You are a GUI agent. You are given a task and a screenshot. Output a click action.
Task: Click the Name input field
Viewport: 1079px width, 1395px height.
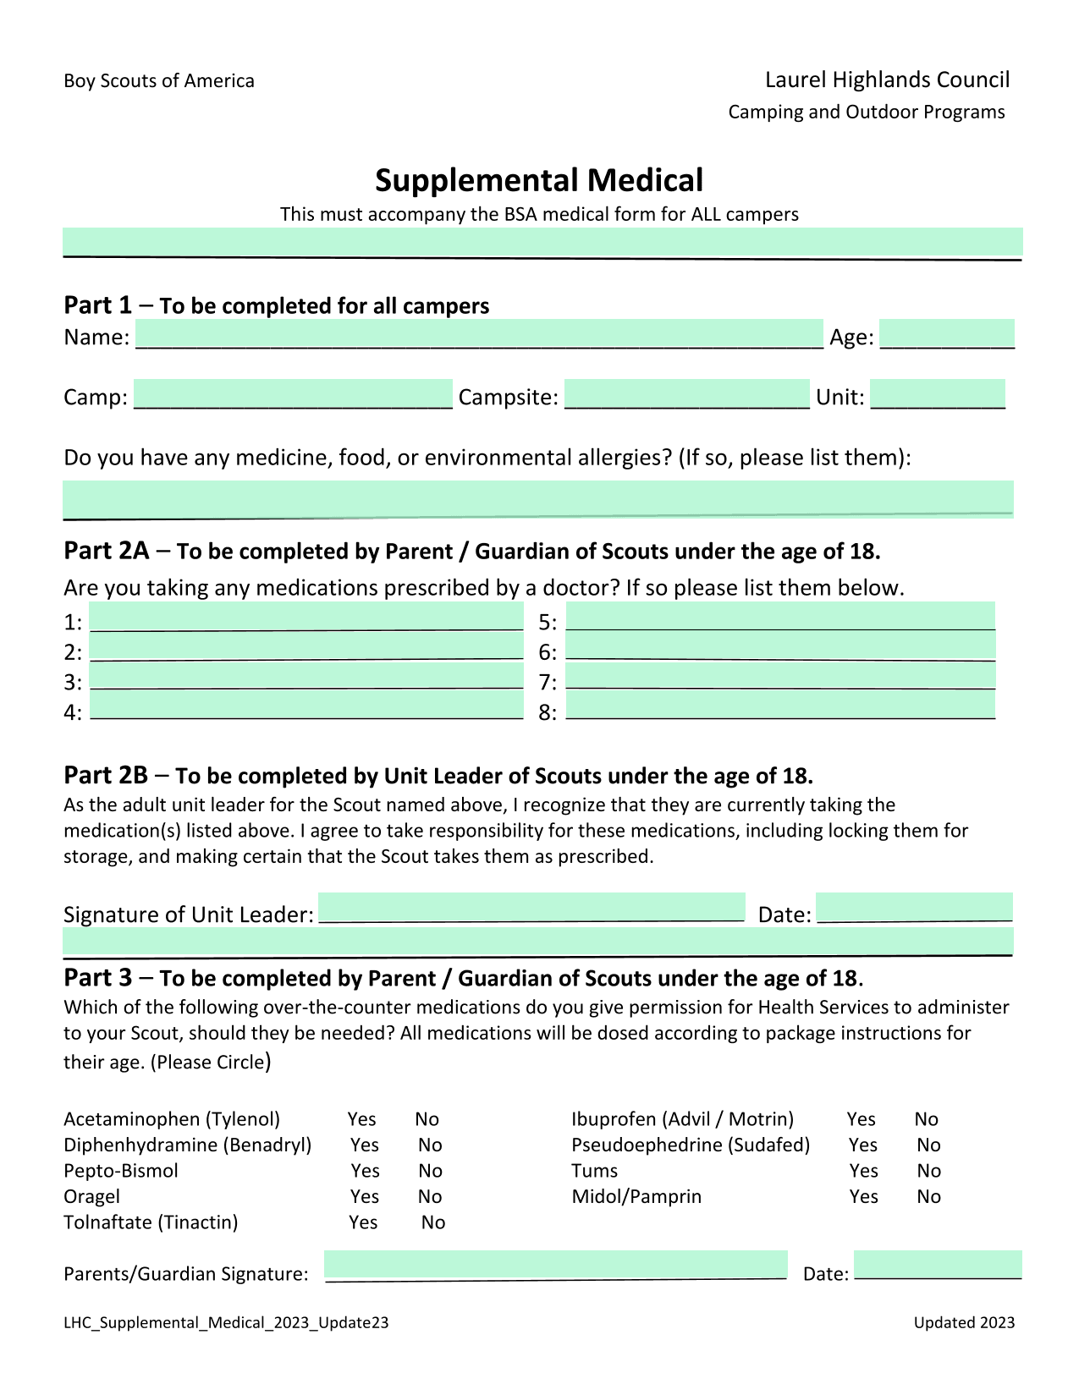479,334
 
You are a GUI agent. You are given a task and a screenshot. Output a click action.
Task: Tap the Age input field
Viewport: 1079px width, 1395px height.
946,334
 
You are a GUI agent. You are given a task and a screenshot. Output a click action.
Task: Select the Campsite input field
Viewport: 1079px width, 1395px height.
686,394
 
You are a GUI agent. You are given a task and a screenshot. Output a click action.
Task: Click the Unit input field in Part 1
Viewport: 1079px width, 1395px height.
937,394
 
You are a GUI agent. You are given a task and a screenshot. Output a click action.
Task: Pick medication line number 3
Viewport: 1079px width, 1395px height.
306,676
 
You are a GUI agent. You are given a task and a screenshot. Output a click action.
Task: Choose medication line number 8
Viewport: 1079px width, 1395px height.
779,706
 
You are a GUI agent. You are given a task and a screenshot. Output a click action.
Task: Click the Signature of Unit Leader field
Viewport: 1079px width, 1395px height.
531,907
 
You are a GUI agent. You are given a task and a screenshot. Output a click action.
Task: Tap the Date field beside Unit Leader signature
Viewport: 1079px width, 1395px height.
914,907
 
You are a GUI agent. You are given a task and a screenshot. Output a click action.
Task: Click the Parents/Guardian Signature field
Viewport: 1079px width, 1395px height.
555,1265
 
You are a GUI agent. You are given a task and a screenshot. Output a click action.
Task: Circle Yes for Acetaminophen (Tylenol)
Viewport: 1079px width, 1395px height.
361,1119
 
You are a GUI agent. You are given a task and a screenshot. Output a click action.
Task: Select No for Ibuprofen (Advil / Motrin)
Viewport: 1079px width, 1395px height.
926,1119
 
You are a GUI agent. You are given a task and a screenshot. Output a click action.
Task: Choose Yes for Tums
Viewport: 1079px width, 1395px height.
863,1171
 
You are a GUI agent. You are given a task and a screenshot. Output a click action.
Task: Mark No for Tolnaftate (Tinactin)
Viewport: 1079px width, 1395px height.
433,1222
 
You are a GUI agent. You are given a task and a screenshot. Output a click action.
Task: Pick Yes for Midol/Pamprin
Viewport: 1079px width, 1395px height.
863,1196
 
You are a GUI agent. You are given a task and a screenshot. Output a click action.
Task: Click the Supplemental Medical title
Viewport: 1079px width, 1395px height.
539,180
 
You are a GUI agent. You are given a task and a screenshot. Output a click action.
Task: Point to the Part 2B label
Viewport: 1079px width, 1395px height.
106,775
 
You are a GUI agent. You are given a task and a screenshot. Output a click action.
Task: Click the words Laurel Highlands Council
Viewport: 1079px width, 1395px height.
887,80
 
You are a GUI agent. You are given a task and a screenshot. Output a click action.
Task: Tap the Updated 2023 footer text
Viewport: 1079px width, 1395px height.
964,1322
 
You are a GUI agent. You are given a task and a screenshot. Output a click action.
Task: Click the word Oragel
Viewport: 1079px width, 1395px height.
91,1196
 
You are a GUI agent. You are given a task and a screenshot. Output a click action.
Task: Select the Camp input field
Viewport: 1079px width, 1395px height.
293,394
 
